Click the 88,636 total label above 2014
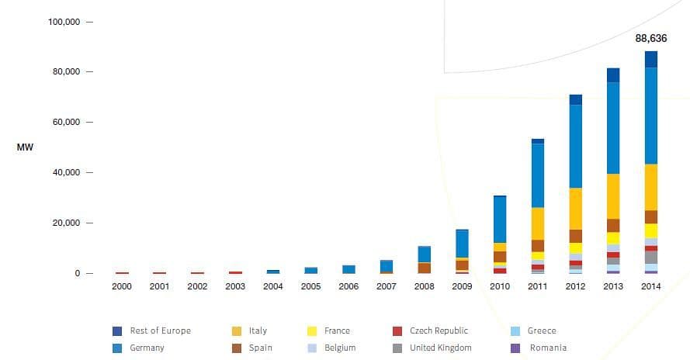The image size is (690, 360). (650, 37)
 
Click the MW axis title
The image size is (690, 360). (24, 147)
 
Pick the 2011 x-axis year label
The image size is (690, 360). (538, 286)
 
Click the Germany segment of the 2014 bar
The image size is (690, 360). (650, 116)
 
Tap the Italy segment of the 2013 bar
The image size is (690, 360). (613, 196)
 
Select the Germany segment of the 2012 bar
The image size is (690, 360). (575, 146)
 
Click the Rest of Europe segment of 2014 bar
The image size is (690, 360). (650, 59)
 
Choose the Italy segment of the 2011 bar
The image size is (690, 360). (538, 223)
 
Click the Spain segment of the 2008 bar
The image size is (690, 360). (425, 268)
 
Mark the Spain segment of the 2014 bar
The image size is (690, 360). (650, 216)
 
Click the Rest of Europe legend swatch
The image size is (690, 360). (117, 331)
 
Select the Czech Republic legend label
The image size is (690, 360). (439, 331)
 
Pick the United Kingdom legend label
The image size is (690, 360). (440, 348)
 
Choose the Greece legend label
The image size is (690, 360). (541, 331)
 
